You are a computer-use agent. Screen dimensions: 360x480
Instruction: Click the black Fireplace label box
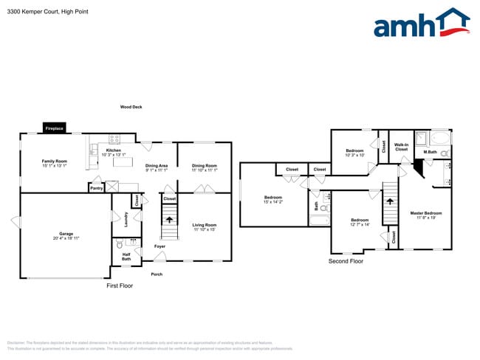(55, 128)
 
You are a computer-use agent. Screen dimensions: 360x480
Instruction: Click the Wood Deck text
(131, 107)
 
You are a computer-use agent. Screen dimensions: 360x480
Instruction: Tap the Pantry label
(96, 188)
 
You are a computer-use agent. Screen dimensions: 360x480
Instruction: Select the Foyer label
(160, 246)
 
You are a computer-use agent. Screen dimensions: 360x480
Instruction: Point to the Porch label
(157, 274)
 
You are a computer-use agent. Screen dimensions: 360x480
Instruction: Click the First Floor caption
(120, 285)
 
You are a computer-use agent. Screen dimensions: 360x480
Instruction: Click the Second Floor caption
(346, 261)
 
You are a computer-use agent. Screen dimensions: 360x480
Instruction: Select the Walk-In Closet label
(401, 147)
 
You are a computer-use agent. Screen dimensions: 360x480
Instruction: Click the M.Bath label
(429, 153)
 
